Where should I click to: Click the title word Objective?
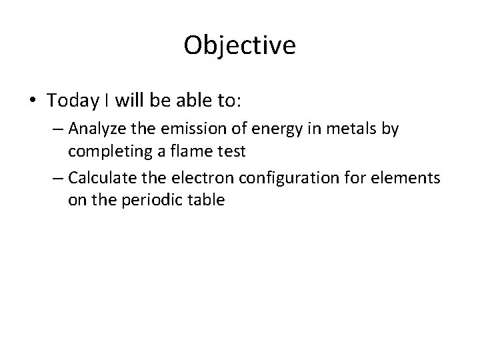[x=239, y=45]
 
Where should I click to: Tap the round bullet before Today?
[x=33, y=101]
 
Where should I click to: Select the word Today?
[x=71, y=101]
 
